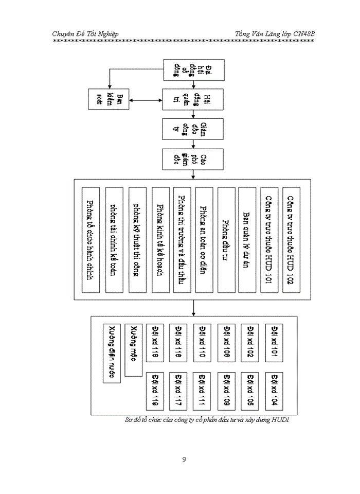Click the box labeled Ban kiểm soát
pos(109,98)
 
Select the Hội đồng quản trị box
pos(193,98)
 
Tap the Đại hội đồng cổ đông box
pos(193,70)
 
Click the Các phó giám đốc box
pos(193,159)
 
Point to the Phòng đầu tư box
pos(226,239)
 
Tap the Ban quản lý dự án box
pos(247,239)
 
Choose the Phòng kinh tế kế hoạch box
pos(160,239)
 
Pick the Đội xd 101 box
pos(274,340)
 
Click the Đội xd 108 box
pos(226,340)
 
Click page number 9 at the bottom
pos(184,459)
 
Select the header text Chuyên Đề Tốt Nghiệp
pos(86,34)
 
